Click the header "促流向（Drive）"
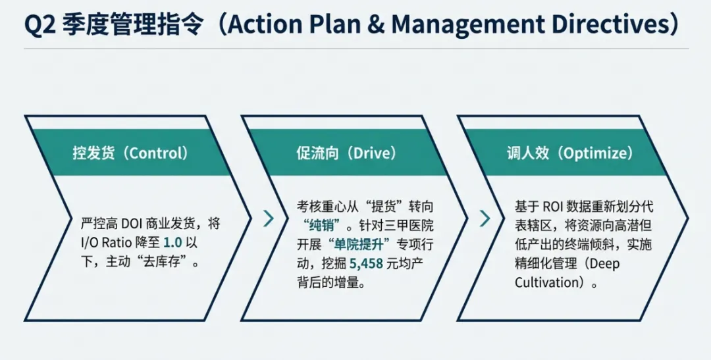346,153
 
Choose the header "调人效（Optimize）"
569,153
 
